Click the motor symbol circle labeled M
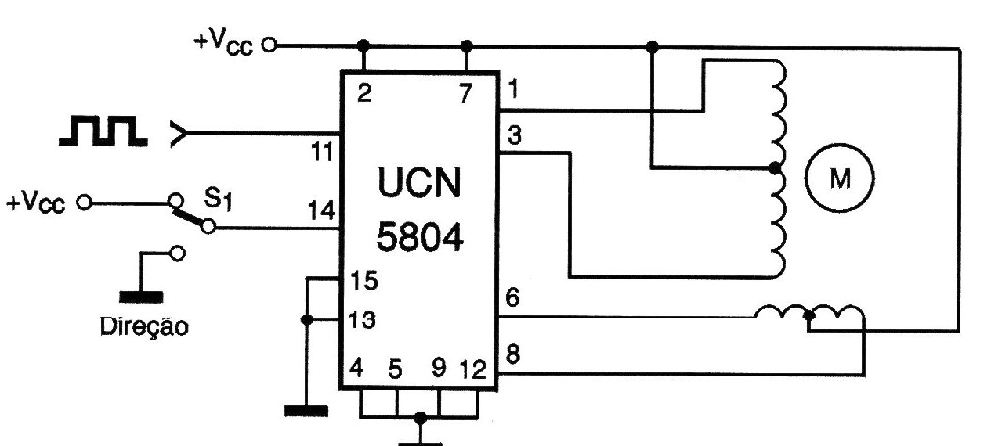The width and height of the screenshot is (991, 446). pos(839,178)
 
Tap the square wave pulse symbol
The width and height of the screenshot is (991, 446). pos(103,131)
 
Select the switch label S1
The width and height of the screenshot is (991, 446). pos(218,198)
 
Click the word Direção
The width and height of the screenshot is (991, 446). pos(144,327)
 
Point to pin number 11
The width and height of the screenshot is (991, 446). pos(323,152)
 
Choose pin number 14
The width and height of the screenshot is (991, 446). pos(322,210)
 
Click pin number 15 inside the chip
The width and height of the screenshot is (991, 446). pos(364,281)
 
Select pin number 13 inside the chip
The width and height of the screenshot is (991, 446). pos(363,319)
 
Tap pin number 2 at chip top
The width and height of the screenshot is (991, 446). pos(364,93)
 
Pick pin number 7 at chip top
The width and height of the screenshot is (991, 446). pos(465,93)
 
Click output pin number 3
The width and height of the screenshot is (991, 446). pos(514,135)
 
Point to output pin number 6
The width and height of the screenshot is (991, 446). pos(512,297)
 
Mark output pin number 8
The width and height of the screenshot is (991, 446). pos(512,354)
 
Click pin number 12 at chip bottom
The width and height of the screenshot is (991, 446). pos(473,369)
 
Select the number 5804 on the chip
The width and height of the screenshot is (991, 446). pos(420,236)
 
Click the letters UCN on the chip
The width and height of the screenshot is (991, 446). pos(419,182)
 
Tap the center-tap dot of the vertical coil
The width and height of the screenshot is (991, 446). pos(775,168)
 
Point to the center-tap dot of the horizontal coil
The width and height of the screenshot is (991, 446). pos(808,315)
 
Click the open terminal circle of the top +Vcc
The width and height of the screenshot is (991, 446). pos(269,45)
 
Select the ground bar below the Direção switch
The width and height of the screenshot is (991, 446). pos(141,297)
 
